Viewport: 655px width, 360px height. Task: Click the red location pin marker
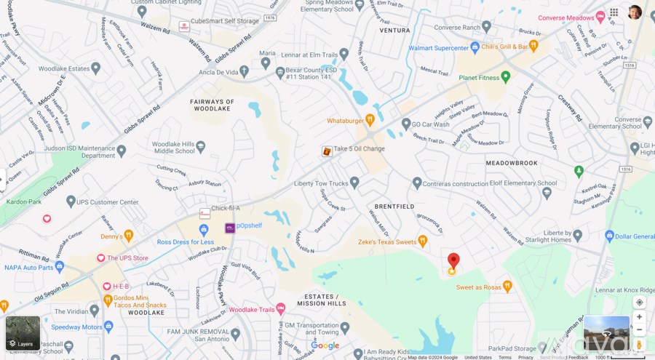tap(453, 261)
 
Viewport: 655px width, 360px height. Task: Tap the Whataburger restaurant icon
tap(370, 119)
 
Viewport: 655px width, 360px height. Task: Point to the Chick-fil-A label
tap(225, 209)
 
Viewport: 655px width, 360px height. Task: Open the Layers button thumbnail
tap(23, 332)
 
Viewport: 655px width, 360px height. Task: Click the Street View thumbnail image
tap(606, 333)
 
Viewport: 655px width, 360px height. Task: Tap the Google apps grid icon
tap(614, 12)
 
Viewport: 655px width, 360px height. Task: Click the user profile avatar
tap(635, 12)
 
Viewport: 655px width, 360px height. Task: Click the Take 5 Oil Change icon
tap(327, 151)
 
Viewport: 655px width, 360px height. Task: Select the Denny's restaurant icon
tap(129, 235)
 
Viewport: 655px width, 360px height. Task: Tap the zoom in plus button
tap(639, 316)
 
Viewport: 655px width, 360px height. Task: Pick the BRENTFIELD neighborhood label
tap(394, 207)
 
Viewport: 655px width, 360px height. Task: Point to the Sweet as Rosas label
tap(479, 287)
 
